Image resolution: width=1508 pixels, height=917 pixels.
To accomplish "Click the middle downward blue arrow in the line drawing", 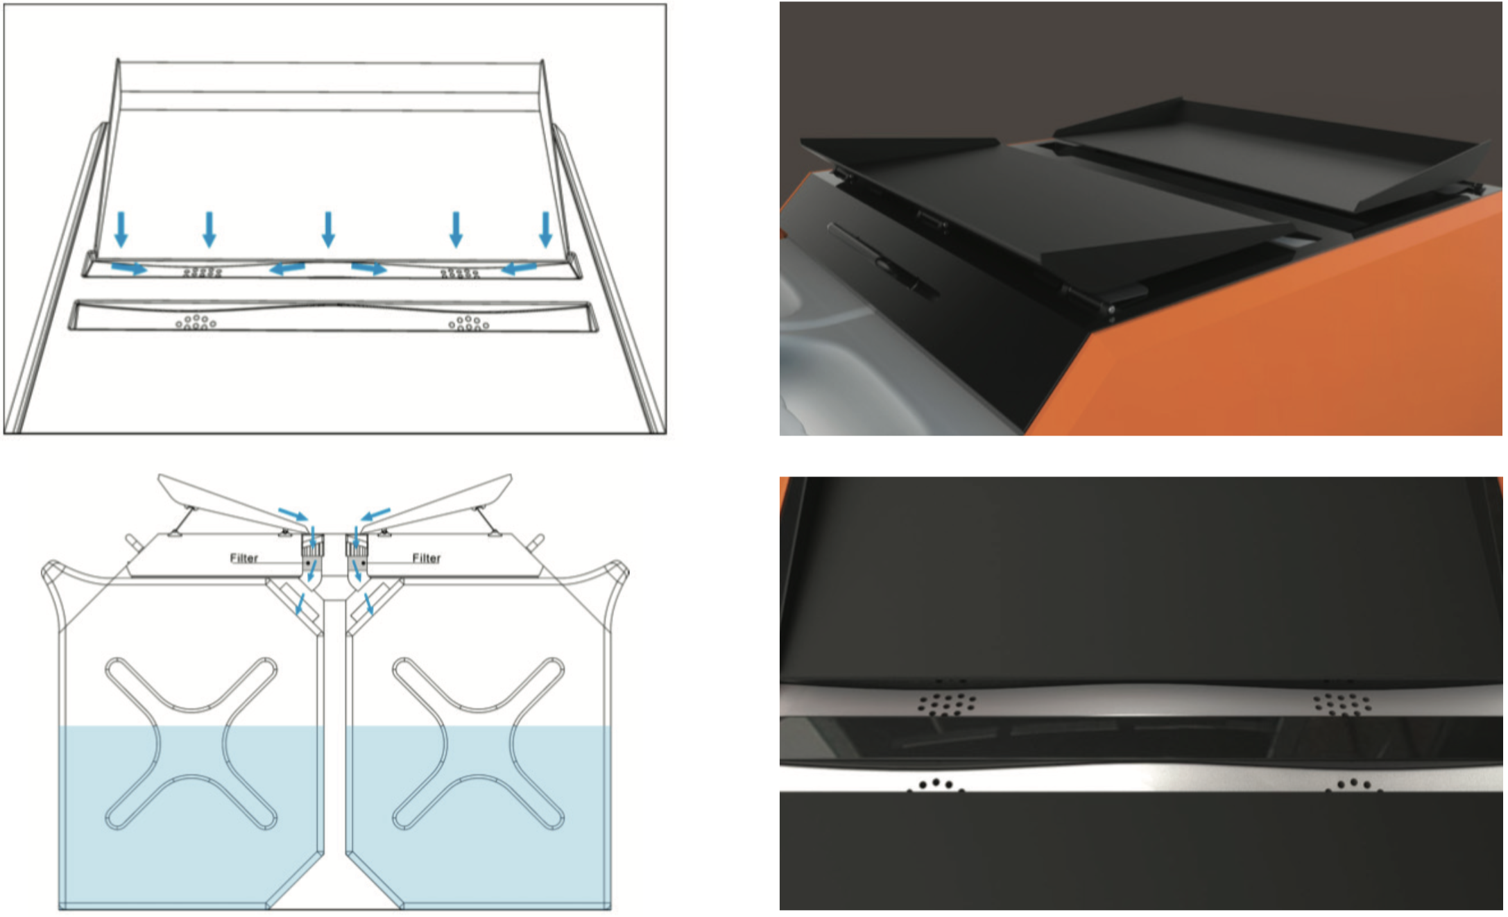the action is (x=329, y=230).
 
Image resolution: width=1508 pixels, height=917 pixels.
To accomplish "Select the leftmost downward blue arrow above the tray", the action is (x=121, y=230).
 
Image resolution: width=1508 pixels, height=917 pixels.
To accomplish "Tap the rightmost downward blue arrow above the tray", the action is (x=546, y=230).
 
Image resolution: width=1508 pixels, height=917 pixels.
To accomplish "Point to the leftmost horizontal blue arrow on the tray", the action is (x=129, y=268).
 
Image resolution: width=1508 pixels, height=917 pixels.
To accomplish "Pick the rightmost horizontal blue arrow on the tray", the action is (x=519, y=268).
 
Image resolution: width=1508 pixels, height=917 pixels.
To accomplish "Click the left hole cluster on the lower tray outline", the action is (x=196, y=323).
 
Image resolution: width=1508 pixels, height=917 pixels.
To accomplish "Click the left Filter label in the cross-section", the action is (x=243, y=558).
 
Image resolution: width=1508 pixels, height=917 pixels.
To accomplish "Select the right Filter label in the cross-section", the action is (x=426, y=558).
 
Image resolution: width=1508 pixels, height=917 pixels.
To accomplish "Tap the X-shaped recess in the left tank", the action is (x=191, y=743).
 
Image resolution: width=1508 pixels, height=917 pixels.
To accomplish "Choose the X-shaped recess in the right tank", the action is (x=478, y=743).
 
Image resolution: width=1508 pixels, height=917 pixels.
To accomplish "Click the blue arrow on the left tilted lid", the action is (x=293, y=514).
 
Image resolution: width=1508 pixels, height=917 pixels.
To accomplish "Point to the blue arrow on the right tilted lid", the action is (x=375, y=514).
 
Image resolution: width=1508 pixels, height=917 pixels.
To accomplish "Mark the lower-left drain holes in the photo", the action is (x=936, y=785).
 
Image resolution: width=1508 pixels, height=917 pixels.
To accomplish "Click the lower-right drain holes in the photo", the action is (x=1353, y=785).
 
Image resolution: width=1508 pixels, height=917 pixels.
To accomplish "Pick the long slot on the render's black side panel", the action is (x=882, y=260).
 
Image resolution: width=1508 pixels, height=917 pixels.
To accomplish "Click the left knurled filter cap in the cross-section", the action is (x=313, y=549).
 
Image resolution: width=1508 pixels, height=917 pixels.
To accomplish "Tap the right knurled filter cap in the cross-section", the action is (x=357, y=549).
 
